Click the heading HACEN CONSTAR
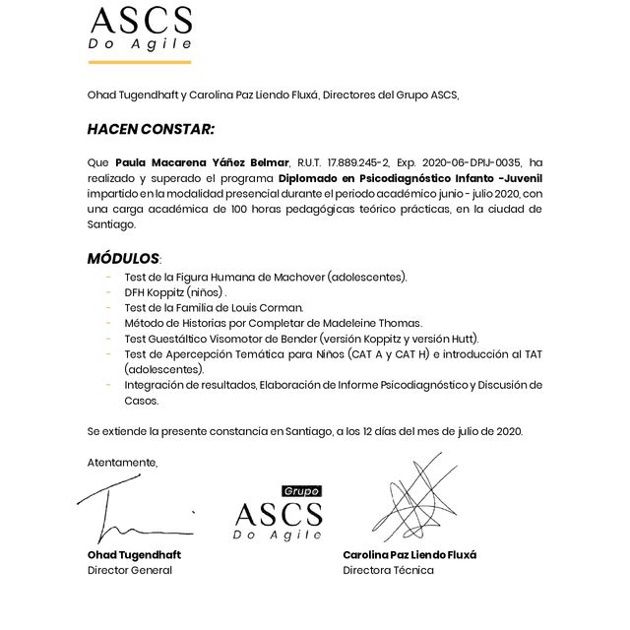[150, 129]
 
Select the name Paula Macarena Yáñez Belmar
[202, 162]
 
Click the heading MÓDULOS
[123, 258]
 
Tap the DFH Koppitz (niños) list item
[175, 292]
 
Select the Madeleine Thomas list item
[273, 323]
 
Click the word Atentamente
[122, 462]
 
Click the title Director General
[129, 570]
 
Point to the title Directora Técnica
[388, 570]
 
